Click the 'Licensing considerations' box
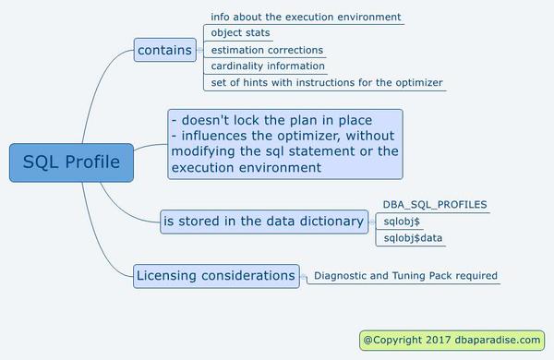pos(216,275)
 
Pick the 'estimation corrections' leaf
pos(267,50)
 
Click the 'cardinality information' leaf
pos(268,66)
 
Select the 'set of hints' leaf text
pos(327,83)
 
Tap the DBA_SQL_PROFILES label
pos(435,204)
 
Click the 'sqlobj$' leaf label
pos(403,222)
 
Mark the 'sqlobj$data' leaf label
pos(414,238)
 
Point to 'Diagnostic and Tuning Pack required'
pos(405,275)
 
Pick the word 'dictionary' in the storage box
pos(330,221)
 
